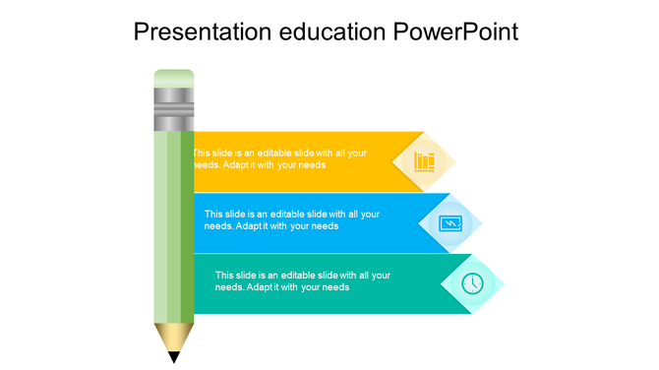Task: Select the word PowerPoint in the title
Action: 455,31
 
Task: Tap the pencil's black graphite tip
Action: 174,357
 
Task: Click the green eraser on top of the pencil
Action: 174,78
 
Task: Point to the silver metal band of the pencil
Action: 174,108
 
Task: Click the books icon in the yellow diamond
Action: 424,160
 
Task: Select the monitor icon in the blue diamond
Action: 449,223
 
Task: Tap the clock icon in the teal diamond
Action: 472,283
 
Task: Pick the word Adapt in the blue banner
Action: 251,226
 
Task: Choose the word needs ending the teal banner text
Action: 335,287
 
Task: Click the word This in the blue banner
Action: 213,214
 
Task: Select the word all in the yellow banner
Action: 341,154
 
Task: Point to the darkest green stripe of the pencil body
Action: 187,226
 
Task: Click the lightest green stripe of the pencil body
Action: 160,226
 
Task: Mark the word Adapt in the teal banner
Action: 262,287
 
